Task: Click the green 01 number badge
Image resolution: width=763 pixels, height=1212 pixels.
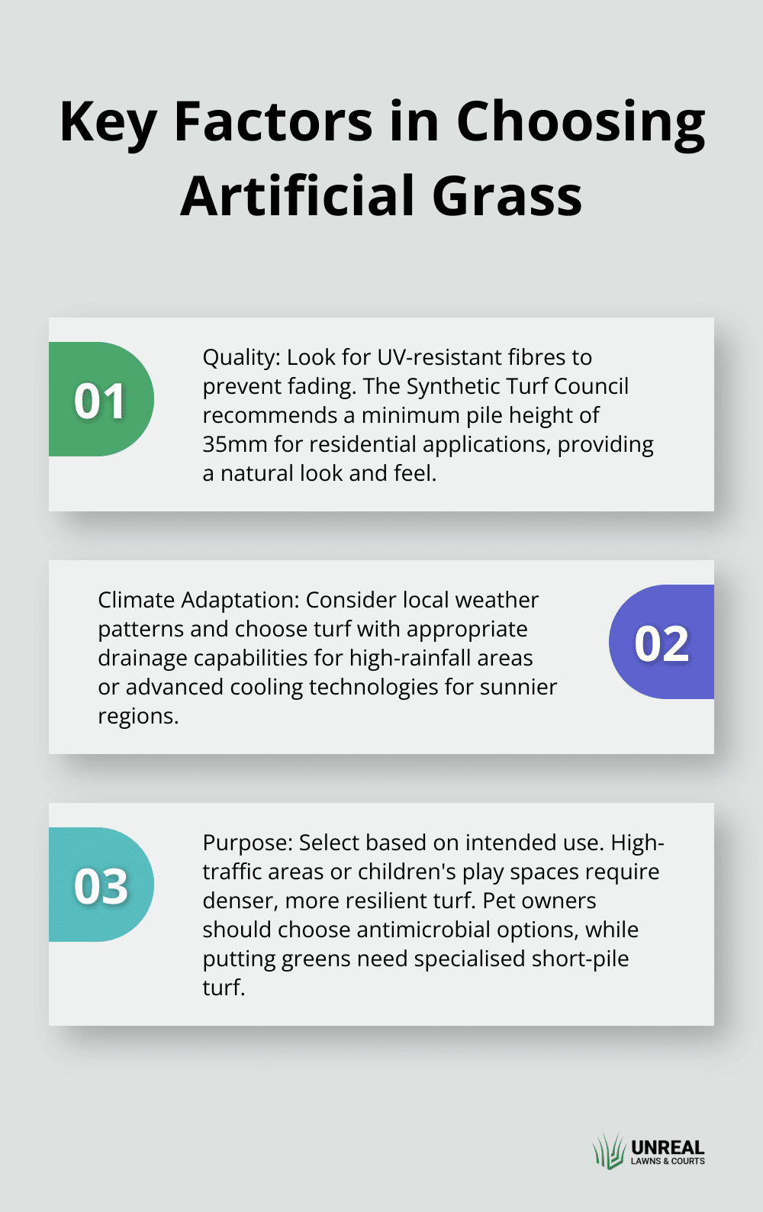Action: pos(101,398)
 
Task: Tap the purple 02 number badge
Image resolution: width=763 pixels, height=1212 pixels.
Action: pos(662,642)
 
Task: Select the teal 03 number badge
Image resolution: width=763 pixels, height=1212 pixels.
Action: pos(101,885)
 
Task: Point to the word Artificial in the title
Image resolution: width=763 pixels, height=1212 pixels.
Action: pos(298,195)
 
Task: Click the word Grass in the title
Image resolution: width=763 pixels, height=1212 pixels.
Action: pos(507,196)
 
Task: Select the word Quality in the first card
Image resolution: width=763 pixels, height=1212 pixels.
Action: pos(241,358)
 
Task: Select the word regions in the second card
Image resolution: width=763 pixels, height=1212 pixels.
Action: pos(138,717)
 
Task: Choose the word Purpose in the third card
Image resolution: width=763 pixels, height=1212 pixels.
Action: pos(248,843)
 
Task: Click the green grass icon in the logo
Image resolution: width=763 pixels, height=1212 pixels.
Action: pos(610,1152)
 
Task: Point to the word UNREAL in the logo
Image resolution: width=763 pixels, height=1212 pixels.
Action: pos(668,1147)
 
